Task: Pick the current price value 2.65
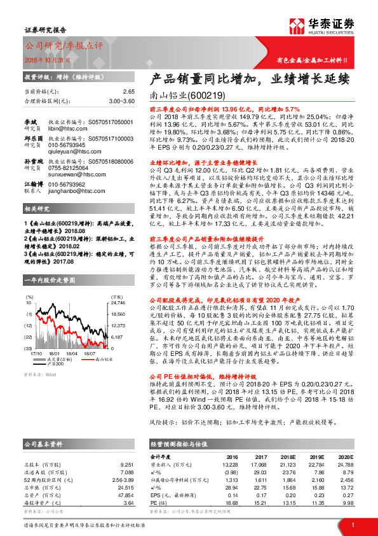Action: (129, 92)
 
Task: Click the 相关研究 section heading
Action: (38, 209)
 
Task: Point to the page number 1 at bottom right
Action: (352, 525)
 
